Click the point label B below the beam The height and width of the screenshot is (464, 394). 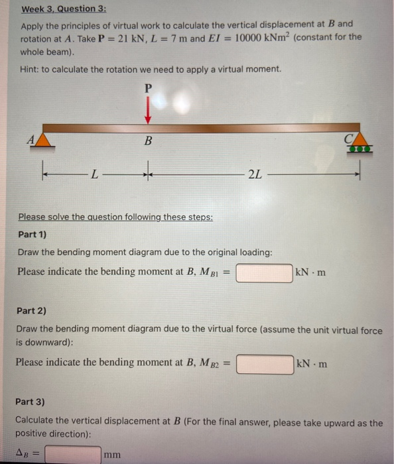coord(148,141)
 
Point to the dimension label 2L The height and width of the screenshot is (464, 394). coord(254,174)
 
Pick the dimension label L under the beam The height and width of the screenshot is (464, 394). coord(96,174)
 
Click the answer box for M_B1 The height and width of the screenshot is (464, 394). coord(264,272)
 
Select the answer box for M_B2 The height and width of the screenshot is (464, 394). coord(265,363)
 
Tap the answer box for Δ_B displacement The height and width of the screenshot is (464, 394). coord(73,454)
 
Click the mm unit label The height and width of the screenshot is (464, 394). coord(112,455)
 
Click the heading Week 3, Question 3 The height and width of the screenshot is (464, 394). coord(58,9)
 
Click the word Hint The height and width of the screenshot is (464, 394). coord(30,69)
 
